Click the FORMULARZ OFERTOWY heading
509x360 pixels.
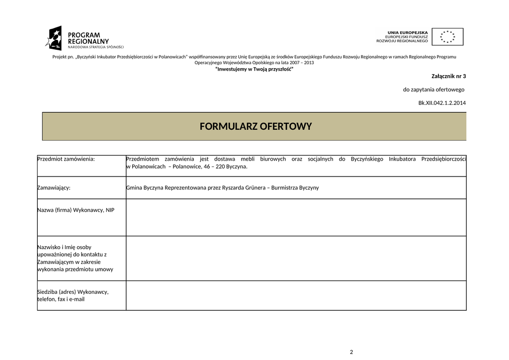point(255,126)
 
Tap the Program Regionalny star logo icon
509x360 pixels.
point(54,38)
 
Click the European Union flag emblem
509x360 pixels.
point(447,37)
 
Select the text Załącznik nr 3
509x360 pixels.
point(449,76)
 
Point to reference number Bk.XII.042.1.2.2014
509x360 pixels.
point(442,103)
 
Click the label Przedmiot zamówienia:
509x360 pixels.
point(66,159)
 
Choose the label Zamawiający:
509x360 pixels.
point(54,188)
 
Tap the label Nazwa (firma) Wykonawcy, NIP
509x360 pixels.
point(76,210)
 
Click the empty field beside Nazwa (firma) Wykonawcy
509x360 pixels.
point(296,217)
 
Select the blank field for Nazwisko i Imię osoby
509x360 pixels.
point(296,258)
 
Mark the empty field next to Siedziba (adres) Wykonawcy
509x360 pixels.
point(296,295)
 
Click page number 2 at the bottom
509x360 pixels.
point(351,352)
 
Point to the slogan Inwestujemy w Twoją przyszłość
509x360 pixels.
point(254,69)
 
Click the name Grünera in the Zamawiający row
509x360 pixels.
point(250,188)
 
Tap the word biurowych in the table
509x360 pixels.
point(273,159)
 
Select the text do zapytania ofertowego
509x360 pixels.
point(433,90)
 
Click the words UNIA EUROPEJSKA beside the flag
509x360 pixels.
point(408,32)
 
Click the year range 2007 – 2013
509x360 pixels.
point(303,63)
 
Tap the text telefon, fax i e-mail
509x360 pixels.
point(61,299)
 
